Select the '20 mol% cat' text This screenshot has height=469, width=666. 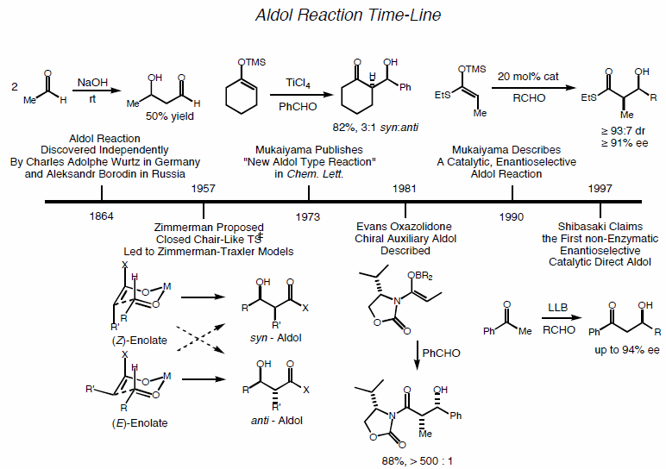click(527, 77)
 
